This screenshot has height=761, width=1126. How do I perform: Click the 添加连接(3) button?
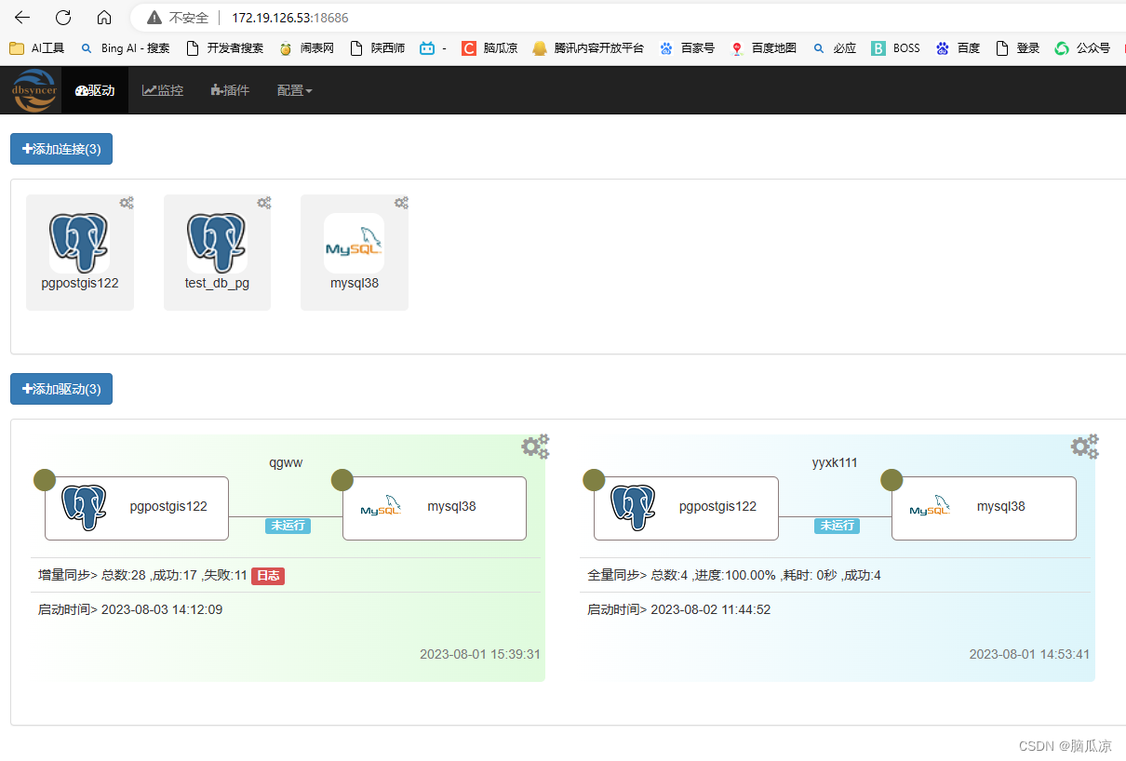click(61, 149)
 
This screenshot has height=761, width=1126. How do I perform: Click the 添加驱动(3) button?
click(61, 389)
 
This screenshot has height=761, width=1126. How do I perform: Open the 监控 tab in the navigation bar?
click(163, 90)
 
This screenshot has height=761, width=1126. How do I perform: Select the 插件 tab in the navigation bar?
click(230, 90)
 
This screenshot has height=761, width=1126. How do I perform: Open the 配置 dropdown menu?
click(294, 90)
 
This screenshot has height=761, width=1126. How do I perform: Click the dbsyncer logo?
click(34, 90)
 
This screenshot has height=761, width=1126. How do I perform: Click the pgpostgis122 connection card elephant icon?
click(79, 242)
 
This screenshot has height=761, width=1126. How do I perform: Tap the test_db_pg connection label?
click(217, 283)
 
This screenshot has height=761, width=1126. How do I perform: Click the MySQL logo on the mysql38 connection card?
click(354, 244)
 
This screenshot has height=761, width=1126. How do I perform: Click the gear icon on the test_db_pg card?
click(264, 203)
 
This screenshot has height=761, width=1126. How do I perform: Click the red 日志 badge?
click(268, 576)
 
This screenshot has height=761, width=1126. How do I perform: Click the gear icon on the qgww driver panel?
click(535, 447)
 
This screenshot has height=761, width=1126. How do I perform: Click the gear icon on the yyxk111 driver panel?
click(1084, 447)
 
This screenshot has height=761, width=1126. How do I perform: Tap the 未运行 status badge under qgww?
click(288, 526)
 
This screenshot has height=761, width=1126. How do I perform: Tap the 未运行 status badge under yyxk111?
click(837, 526)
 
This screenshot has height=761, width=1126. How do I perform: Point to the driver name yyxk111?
click(835, 462)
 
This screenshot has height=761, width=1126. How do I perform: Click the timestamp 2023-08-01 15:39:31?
click(480, 654)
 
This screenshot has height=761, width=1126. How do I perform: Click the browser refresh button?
click(63, 18)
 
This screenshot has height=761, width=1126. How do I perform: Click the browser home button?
click(104, 18)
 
